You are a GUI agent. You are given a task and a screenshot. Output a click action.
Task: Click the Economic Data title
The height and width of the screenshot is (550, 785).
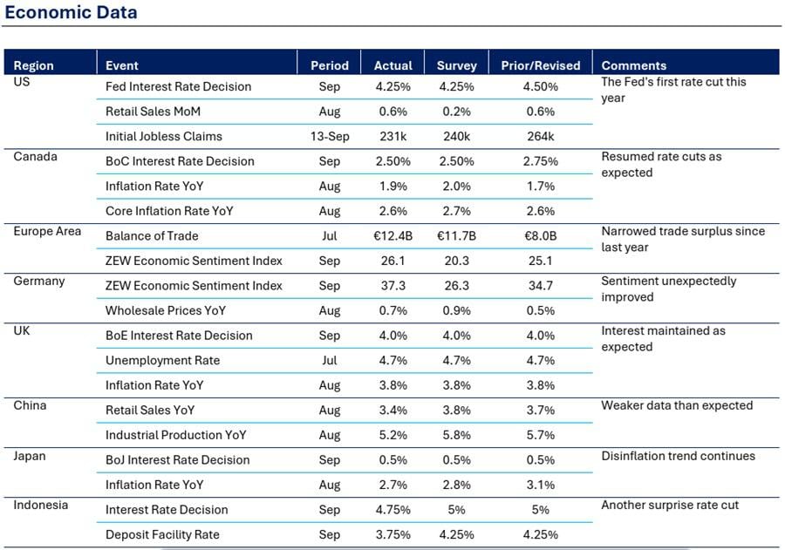pos(72,12)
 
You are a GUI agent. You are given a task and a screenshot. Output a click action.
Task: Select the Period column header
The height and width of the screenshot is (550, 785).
pos(330,65)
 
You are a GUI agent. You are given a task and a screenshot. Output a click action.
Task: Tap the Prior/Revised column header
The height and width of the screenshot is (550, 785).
pos(541,65)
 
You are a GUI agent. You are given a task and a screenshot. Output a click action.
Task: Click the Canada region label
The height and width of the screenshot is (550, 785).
pos(36,157)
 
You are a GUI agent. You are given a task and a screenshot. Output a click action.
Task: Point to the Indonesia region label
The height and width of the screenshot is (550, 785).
pos(40,505)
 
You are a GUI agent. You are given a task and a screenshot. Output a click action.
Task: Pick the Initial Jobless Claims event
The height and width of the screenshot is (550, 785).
pos(164,136)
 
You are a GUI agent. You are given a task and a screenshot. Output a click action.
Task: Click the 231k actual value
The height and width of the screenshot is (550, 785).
pos(393,136)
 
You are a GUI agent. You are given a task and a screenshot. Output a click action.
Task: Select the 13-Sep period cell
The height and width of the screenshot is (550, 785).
pos(330,136)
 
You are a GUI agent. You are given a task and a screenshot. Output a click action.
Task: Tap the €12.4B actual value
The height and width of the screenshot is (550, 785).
pos(393,235)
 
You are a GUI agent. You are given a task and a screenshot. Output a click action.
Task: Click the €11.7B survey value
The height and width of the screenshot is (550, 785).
pos(456,235)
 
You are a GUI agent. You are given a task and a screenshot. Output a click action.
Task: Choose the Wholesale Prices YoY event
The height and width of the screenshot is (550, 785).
pos(166,311)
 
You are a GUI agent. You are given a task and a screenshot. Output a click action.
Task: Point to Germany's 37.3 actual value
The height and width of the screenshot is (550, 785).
pos(393,286)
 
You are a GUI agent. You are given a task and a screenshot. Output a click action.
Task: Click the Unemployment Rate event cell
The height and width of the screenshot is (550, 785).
pos(163,360)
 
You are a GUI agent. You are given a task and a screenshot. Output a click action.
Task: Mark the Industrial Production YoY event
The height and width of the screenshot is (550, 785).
pos(175,435)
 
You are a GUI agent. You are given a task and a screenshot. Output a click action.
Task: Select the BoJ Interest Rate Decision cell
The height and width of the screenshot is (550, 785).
pos(178,460)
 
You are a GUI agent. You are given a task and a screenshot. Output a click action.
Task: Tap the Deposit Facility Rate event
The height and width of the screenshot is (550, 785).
pos(163,534)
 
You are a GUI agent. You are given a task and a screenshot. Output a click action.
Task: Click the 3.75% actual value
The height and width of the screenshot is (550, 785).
pos(393,534)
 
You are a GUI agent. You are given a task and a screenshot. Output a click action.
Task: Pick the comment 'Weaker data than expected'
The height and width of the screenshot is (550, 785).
pos(677,405)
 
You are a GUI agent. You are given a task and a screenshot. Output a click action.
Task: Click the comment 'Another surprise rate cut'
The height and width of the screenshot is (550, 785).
pos(670,505)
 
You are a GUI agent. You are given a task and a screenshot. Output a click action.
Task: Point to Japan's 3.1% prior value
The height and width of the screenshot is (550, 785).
pos(541,485)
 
